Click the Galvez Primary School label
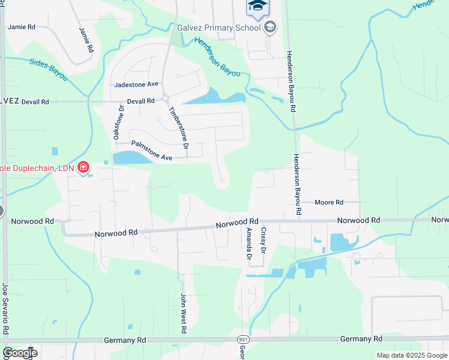(x=218, y=27)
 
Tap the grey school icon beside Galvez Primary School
(x=270, y=26)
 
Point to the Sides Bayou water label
(x=49, y=67)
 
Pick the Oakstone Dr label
(x=120, y=122)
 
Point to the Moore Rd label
(x=328, y=203)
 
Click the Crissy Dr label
(x=262, y=238)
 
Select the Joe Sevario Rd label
(x=5, y=309)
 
